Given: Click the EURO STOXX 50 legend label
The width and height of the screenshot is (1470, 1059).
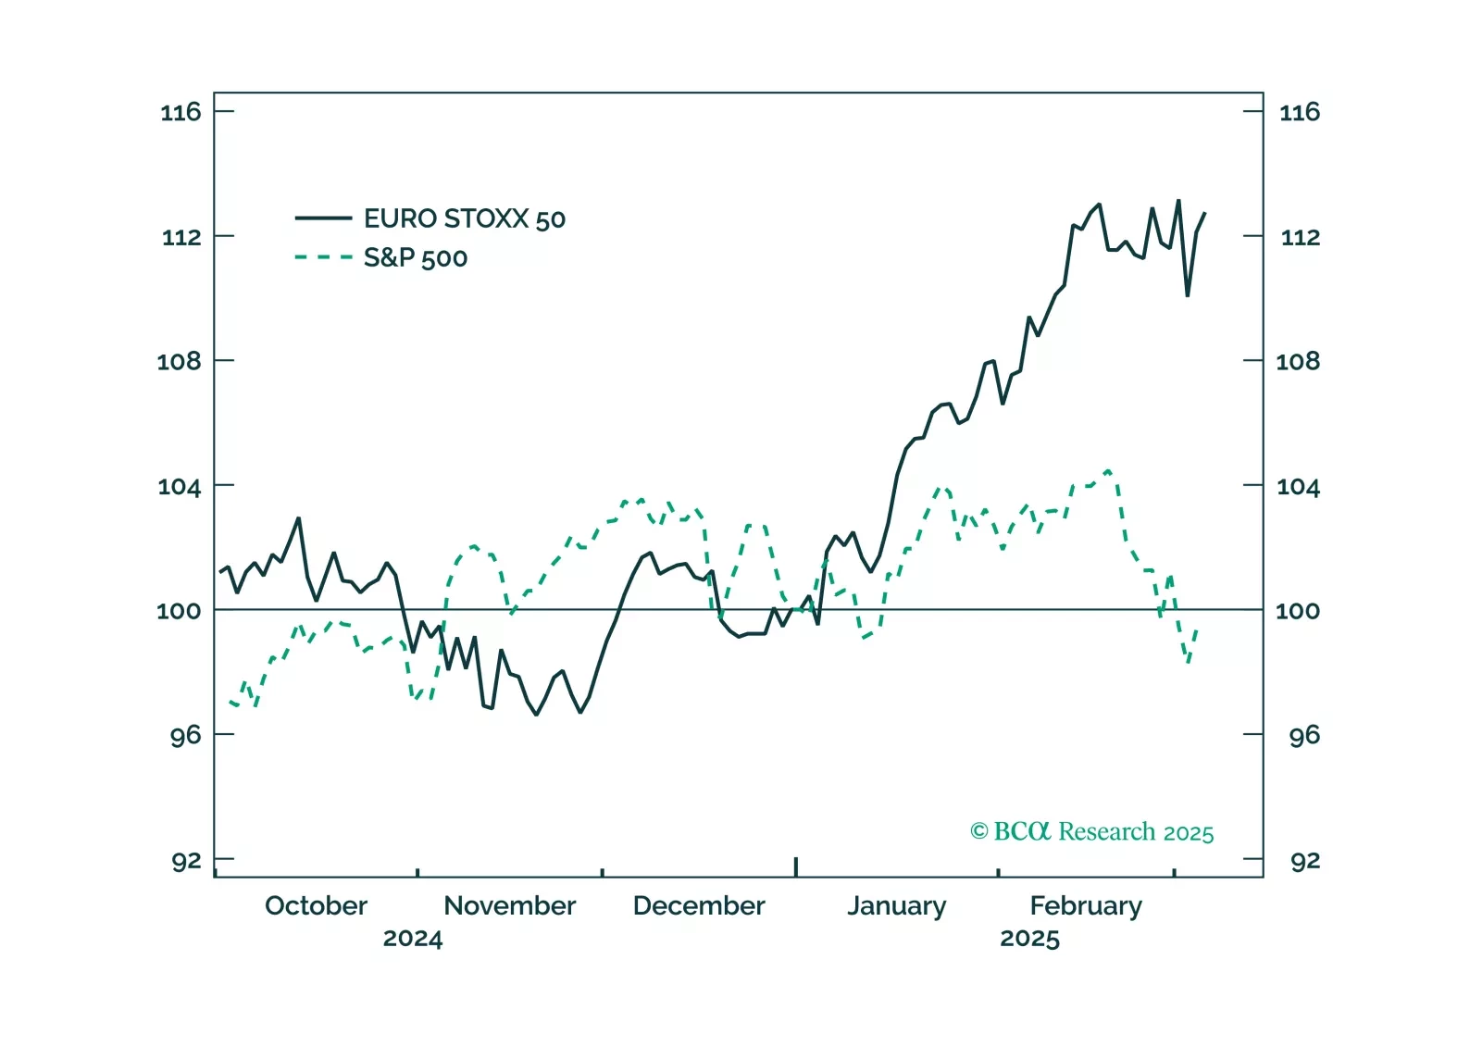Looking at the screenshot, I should click(x=464, y=219).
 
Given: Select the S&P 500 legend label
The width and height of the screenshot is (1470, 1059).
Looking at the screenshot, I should click(x=415, y=258).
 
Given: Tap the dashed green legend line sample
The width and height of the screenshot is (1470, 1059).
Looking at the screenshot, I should click(x=323, y=257).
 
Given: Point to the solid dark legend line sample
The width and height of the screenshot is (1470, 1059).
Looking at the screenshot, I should click(x=323, y=218).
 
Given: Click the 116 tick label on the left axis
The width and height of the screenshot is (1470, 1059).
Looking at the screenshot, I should click(x=181, y=113).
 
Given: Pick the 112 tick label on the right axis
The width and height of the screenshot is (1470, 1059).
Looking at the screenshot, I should click(x=1300, y=238).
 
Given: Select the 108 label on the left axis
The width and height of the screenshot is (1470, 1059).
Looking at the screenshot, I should click(x=179, y=361).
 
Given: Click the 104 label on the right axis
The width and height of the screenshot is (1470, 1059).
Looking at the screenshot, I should click(x=1298, y=487).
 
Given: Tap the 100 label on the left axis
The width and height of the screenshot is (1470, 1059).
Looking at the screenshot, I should click(x=179, y=611).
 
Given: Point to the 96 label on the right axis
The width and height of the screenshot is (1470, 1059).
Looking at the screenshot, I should click(x=1303, y=736).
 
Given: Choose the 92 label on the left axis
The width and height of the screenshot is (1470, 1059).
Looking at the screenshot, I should click(x=186, y=861).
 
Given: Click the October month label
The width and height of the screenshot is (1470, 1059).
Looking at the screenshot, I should click(x=316, y=905).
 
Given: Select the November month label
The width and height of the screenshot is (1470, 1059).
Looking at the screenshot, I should click(x=509, y=905).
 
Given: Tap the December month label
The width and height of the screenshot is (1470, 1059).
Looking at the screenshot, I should click(x=699, y=905).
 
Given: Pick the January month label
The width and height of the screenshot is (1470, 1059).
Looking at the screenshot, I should click(x=896, y=906).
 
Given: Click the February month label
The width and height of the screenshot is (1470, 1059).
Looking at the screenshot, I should click(x=1086, y=906).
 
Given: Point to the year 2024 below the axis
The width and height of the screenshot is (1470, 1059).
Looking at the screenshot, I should click(x=413, y=939).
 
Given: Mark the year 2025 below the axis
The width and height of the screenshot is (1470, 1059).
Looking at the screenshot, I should click(x=1029, y=939).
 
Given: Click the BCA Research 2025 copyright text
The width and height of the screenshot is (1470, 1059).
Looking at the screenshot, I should click(x=1091, y=832).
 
